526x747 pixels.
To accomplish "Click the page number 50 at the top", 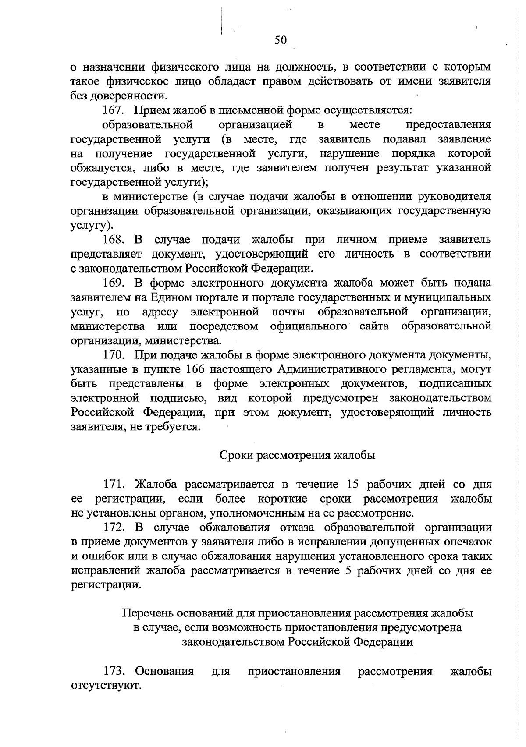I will click(x=280, y=40).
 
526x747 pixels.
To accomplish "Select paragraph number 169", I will click(x=115, y=283).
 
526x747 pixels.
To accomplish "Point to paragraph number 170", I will click(x=115, y=354).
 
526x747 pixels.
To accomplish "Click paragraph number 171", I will click(x=115, y=484).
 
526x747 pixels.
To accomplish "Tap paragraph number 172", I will click(x=115, y=527).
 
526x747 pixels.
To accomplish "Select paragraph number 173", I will click(x=115, y=671).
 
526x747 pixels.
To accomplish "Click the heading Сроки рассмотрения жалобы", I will click(x=297, y=455).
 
